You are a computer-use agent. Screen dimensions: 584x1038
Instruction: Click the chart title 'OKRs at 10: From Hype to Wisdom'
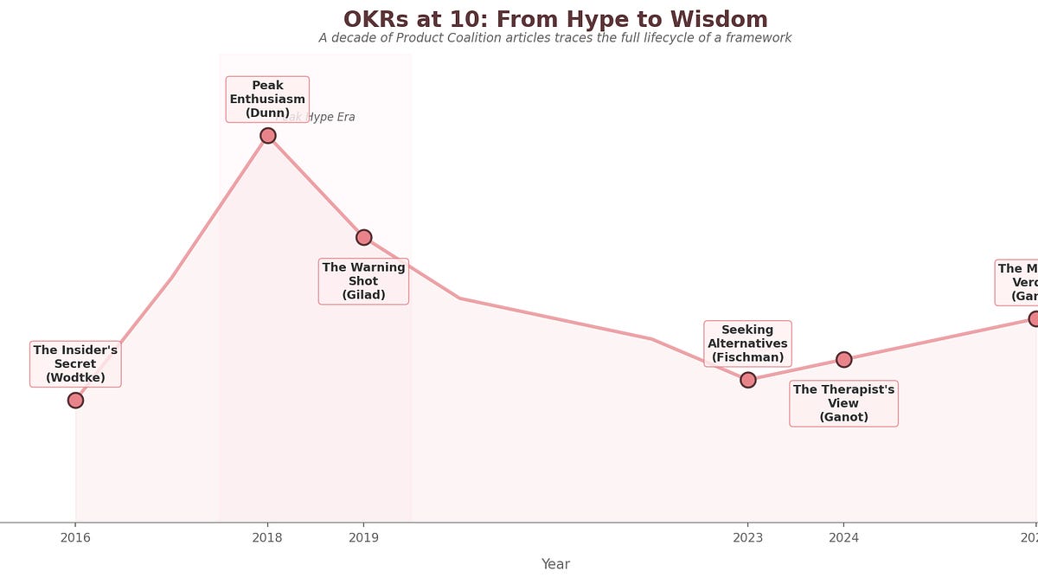(x=554, y=19)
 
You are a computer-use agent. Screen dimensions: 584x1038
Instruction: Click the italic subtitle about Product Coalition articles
(x=554, y=38)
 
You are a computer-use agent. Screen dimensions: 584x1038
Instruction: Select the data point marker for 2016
(x=75, y=400)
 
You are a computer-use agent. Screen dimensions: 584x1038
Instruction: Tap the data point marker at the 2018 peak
(x=268, y=135)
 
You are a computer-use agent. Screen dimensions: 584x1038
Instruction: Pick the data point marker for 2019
(x=363, y=237)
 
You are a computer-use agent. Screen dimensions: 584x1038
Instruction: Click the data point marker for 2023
(x=747, y=380)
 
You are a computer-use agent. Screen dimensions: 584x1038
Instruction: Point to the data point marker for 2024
(x=843, y=359)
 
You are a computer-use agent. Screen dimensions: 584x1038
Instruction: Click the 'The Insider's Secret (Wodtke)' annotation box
(x=75, y=364)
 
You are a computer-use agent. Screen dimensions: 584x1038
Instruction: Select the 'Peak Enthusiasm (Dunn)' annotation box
(x=267, y=99)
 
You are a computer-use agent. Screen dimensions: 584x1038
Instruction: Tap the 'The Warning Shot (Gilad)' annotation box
(x=363, y=281)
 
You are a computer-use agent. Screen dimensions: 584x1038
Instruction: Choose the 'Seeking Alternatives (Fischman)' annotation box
(x=747, y=343)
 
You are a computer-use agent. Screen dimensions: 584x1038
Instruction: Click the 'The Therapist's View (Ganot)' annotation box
(x=843, y=403)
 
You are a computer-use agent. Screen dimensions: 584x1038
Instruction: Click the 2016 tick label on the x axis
(x=75, y=538)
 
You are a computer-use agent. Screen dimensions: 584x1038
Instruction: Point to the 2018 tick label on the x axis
(x=267, y=538)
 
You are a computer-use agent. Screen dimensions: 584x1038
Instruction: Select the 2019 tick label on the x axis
(x=363, y=538)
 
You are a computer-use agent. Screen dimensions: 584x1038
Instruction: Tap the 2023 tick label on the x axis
(x=747, y=538)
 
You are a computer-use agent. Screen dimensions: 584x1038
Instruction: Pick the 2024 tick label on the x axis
(x=843, y=538)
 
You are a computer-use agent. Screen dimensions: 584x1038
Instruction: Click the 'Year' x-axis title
(x=555, y=564)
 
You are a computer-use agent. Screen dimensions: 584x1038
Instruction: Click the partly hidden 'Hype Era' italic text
(x=332, y=118)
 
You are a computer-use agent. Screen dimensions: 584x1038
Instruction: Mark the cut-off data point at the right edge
(x=1033, y=318)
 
